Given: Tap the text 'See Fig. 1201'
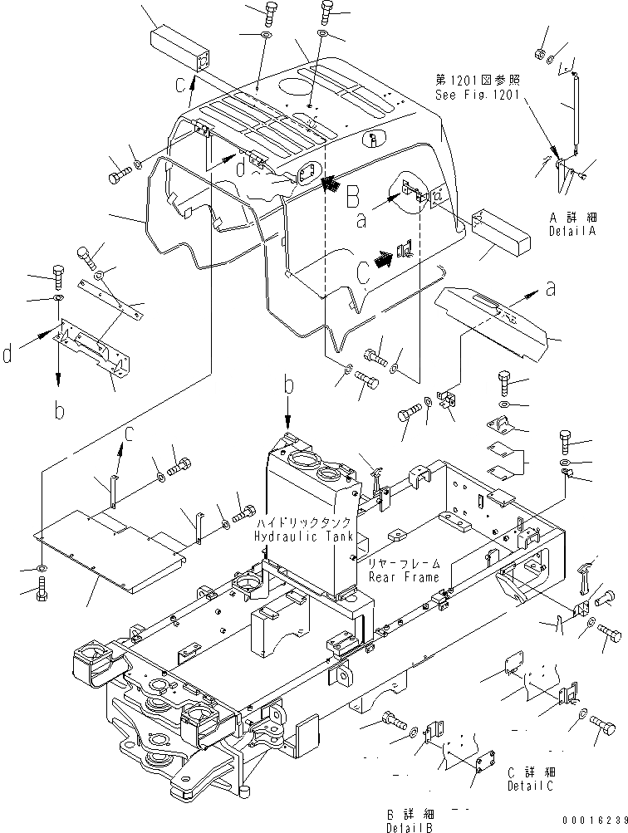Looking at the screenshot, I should tap(478, 95).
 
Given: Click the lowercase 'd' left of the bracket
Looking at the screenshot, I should tap(7, 356).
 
